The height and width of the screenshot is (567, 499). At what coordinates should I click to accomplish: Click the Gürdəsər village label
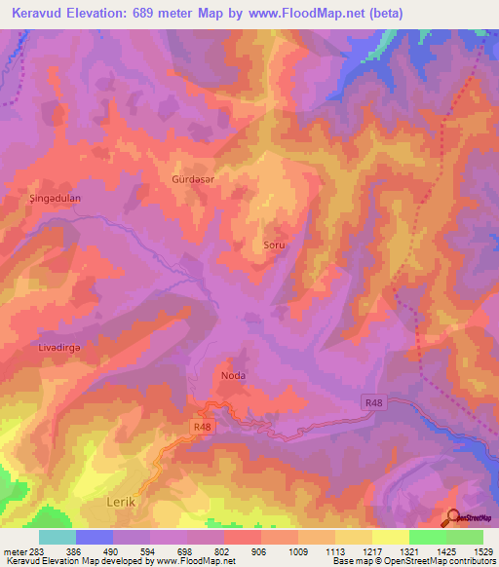coord(192,180)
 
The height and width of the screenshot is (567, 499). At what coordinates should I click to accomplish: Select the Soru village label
coord(274,246)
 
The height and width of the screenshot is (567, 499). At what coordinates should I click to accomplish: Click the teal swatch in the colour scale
coord(58,537)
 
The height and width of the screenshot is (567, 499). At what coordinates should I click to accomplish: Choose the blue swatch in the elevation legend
coord(95,537)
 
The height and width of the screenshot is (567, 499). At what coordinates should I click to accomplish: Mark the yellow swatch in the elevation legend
coord(391,537)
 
